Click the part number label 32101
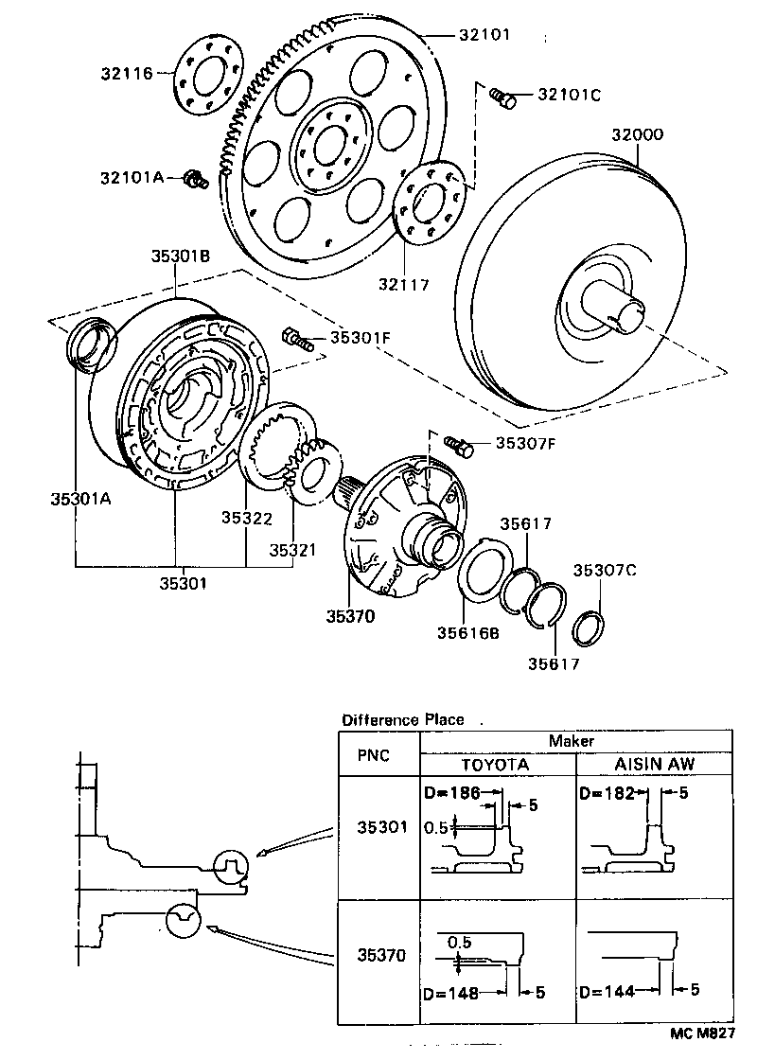(485, 35)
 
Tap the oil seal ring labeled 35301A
(92, 344)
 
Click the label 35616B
(467, 633)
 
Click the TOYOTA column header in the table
(495, 764)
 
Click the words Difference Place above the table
(403, 719)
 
